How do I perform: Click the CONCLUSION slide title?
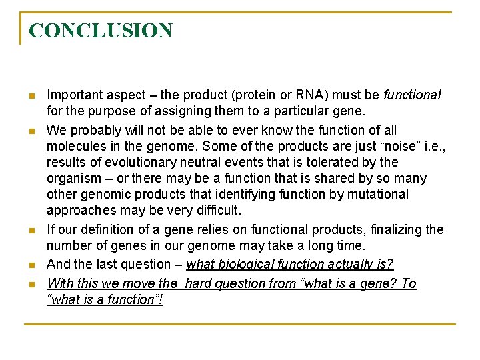(101, 31)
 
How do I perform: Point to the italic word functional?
(412, 95)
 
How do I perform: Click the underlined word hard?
(197, 284)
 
